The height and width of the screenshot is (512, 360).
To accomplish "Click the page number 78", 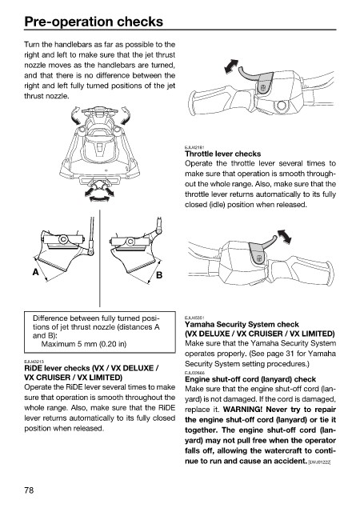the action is point(29,490).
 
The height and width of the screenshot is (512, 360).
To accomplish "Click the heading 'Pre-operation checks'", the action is point(94,22).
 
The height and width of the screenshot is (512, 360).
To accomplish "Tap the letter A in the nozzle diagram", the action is point(36,272).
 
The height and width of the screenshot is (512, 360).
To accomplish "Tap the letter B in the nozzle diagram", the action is point(159,275).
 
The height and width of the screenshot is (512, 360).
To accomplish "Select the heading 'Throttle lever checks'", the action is point(222,154).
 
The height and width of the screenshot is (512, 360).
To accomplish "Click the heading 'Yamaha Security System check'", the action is point(242,324).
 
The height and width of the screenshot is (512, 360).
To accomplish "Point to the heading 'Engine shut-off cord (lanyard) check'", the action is point(250,379).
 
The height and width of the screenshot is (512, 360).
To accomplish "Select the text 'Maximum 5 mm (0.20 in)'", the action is point(84,344).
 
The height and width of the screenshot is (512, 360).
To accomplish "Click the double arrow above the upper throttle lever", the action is point(231,66).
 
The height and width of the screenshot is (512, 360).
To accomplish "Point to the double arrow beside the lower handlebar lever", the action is point(284,236).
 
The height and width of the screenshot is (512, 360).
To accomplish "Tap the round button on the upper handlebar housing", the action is point(281,106).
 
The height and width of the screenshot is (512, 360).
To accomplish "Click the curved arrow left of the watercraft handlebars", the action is point(76,115).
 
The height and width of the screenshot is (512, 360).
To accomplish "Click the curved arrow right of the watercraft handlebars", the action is point(126,115).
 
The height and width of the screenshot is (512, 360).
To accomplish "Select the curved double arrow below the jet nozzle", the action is point(99,198).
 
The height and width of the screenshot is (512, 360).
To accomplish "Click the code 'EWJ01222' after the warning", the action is point(319,462).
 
